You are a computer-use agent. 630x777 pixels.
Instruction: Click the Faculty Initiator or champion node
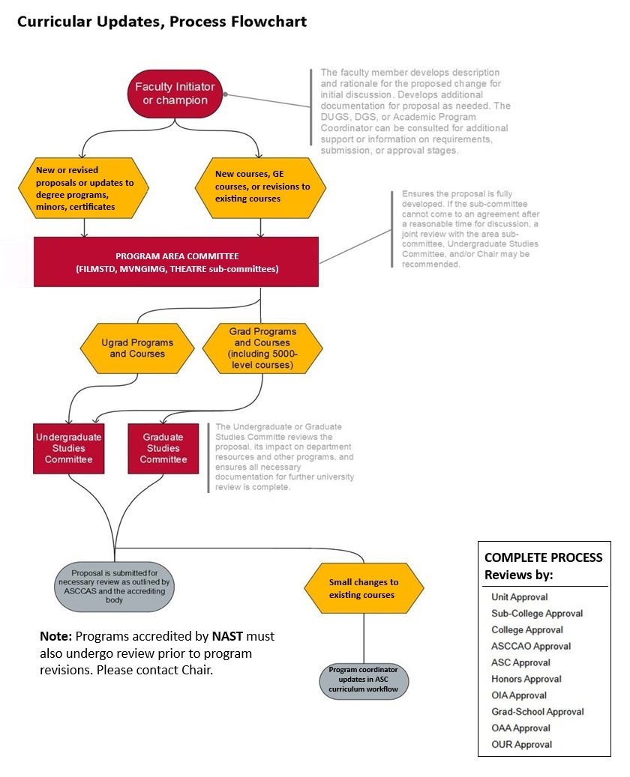pyautogui.click(x=175, y=94)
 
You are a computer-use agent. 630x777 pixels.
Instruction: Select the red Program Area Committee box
pyautogui.click(x=176, y=261)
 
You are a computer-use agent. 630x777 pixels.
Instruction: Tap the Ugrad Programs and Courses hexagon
pyautogui.click(x=137, y=348)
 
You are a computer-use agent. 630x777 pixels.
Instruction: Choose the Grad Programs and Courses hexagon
pyautogui.click(x=262, y=348)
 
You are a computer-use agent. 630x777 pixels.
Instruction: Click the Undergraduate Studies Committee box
pyautogui.click(x=68, y=448)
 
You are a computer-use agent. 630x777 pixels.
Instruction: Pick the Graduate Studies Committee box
pyautogui.click(x=163, y=448)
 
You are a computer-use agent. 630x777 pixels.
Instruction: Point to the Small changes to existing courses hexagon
pyautogui.click(x=364, y=588)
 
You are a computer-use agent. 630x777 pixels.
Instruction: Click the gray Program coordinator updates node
pyautogui.click(x=364, y=678)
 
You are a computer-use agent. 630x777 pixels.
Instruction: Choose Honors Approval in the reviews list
pyautogui.click(x=526, y=679)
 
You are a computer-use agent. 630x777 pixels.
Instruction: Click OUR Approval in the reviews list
pyautogui.click(x=521, y=744)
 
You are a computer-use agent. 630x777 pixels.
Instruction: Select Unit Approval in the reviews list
pyautogui.click(x=519, y=597)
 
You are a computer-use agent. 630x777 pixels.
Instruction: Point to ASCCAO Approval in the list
pyautogui.click(x=531, y=646)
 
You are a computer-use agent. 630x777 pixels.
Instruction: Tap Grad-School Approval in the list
pyautogui.click(x=537, y=712)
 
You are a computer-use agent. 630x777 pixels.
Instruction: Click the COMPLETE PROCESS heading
pyautogui.click(x=543, y=557)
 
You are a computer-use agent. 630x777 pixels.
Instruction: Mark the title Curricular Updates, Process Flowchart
pyautogui.click(x=162, y=22)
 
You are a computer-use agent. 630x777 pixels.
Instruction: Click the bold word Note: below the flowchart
pyautogui.click(x=55, y=636)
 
